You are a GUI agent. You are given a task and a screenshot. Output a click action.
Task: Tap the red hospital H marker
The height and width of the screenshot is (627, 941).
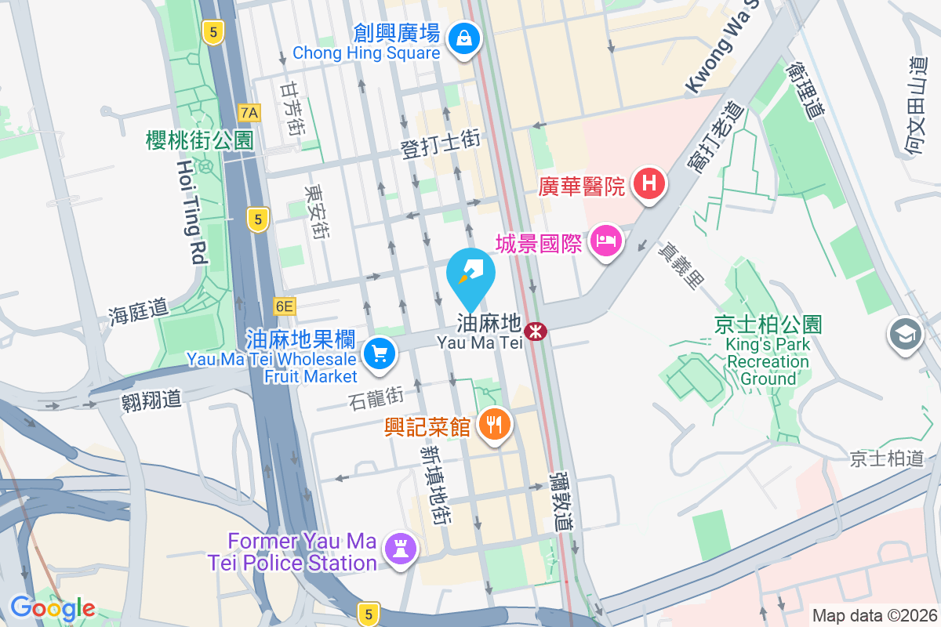click(649, 185)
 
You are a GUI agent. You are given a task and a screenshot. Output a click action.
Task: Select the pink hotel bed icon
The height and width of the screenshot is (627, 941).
click(606, 239)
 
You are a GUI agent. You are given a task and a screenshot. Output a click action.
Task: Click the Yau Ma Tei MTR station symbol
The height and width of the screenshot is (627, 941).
click(536, 332)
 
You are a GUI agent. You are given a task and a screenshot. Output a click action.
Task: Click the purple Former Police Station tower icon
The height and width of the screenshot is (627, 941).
click(400, 551)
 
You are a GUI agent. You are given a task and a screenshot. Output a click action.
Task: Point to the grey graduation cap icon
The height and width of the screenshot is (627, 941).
click(905, 335)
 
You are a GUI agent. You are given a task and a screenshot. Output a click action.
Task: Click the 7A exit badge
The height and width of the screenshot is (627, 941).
click(249, 113)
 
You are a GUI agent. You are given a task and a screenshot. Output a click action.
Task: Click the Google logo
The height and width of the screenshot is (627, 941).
click(53, 608)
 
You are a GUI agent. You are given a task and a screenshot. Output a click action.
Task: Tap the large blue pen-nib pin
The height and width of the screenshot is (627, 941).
click(470, 274)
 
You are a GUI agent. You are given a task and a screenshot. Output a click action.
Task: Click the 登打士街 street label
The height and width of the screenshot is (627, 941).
click(440, 145)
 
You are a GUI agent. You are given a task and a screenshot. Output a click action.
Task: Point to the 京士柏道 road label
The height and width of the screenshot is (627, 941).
click(888, 458)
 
